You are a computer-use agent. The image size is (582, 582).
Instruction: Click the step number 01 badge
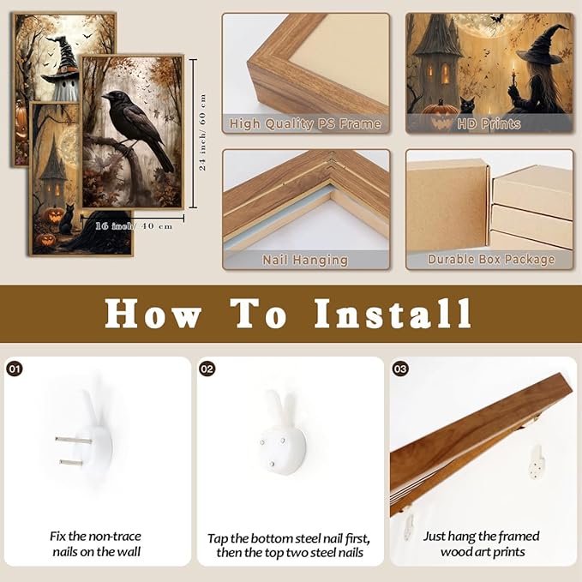point(15,369)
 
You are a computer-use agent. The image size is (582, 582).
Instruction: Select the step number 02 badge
point(207,369)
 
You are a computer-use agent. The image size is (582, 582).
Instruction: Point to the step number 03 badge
point(400,369)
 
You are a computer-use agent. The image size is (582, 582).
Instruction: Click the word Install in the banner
point(393,314)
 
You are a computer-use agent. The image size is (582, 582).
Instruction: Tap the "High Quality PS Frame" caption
point(305,123)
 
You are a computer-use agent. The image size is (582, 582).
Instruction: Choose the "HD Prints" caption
point(489,123)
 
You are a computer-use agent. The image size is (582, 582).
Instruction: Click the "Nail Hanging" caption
point(305,260)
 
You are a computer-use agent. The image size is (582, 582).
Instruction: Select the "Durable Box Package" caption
point(490,260)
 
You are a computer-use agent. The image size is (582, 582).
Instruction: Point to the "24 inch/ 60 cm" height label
point(202,133)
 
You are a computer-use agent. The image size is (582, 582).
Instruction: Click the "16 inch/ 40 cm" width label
point(134,225)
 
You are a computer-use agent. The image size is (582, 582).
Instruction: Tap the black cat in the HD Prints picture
point(468,105)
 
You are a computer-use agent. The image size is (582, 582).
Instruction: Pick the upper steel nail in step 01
point(74,441)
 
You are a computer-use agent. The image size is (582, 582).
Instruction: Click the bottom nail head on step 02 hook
point(272,464)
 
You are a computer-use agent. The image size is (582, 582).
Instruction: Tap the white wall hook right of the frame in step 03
point(537,462)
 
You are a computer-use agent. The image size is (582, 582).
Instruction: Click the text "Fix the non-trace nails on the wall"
point(97,544)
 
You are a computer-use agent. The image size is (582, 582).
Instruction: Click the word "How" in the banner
point(153,314)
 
